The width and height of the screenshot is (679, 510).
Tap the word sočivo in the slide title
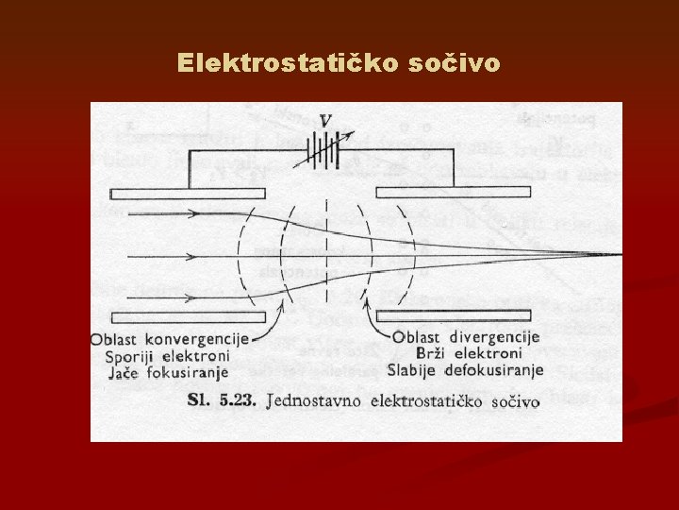(x=456, y=63)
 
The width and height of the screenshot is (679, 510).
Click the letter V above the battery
(x=325, y=121)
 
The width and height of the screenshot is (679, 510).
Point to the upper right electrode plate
(x=462, y=194)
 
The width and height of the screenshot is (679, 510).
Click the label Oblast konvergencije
(x=170, y=339)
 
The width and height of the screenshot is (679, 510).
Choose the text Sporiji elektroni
(x=168, y=356)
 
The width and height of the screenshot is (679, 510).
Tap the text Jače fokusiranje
(x=167, y=373)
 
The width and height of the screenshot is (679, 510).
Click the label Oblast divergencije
(x=465, y=337)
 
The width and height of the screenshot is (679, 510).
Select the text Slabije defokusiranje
(x=466, y=369)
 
